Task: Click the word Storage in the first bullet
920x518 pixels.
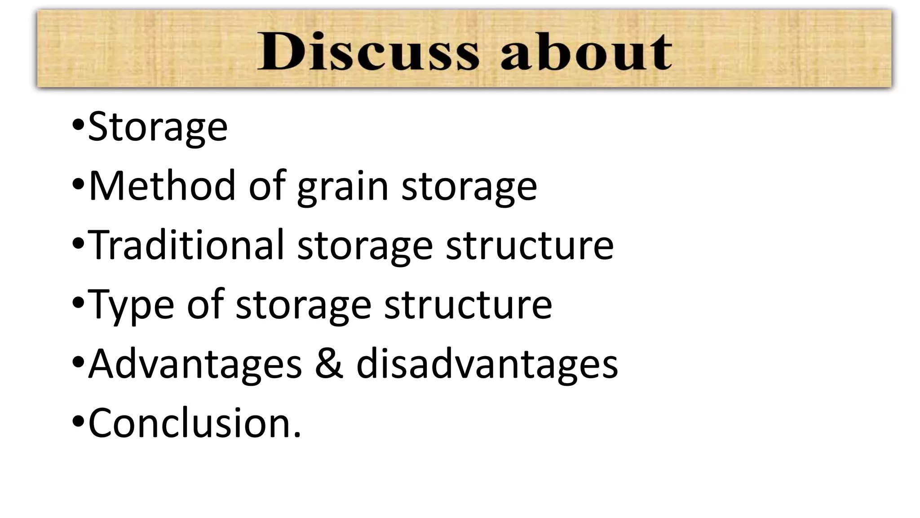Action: pos(158,127)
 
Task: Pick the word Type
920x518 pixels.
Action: pos(131,305)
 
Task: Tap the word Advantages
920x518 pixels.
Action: pos(195,364)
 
